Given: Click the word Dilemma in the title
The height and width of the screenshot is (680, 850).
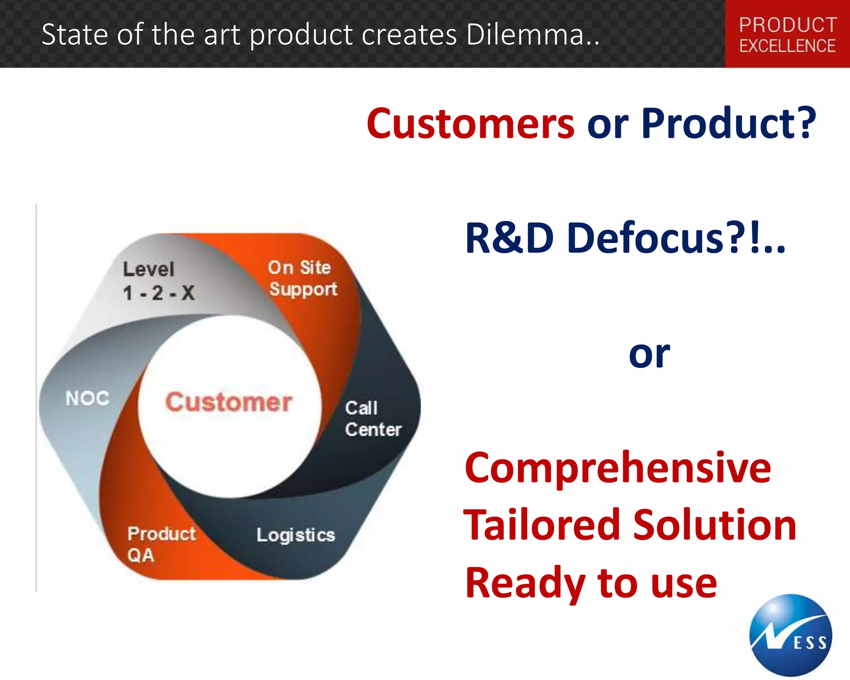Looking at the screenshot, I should click(x=532, y=34).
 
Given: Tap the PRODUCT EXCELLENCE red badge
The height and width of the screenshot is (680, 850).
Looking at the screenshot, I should click(x=787, y=35).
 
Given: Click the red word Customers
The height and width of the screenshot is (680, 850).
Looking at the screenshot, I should click(x=470, y=124).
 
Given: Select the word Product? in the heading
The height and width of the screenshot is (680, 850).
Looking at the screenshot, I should click(x=728, y=124).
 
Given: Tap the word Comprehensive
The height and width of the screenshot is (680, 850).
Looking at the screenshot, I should click(x=618, y=468).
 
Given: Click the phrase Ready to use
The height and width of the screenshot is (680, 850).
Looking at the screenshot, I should click(x=591, y=583).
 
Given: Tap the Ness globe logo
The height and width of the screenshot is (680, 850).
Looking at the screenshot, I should click(x=791, y=635).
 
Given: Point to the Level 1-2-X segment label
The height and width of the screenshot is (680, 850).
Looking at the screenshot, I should click(x=158, y=281).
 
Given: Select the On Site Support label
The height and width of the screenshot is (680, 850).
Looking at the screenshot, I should click(x=302, y=279).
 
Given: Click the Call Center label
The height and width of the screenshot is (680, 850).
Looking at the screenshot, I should click(x=372, y=419).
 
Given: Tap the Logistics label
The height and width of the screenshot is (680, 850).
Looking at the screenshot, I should click(x=296, y=535).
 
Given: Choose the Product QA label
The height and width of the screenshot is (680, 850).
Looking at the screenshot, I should click(x=161, y=544).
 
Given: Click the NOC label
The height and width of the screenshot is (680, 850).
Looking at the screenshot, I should click(x=88, y=399).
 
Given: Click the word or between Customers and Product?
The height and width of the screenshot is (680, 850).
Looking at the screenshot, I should click(x=608, y=124).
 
